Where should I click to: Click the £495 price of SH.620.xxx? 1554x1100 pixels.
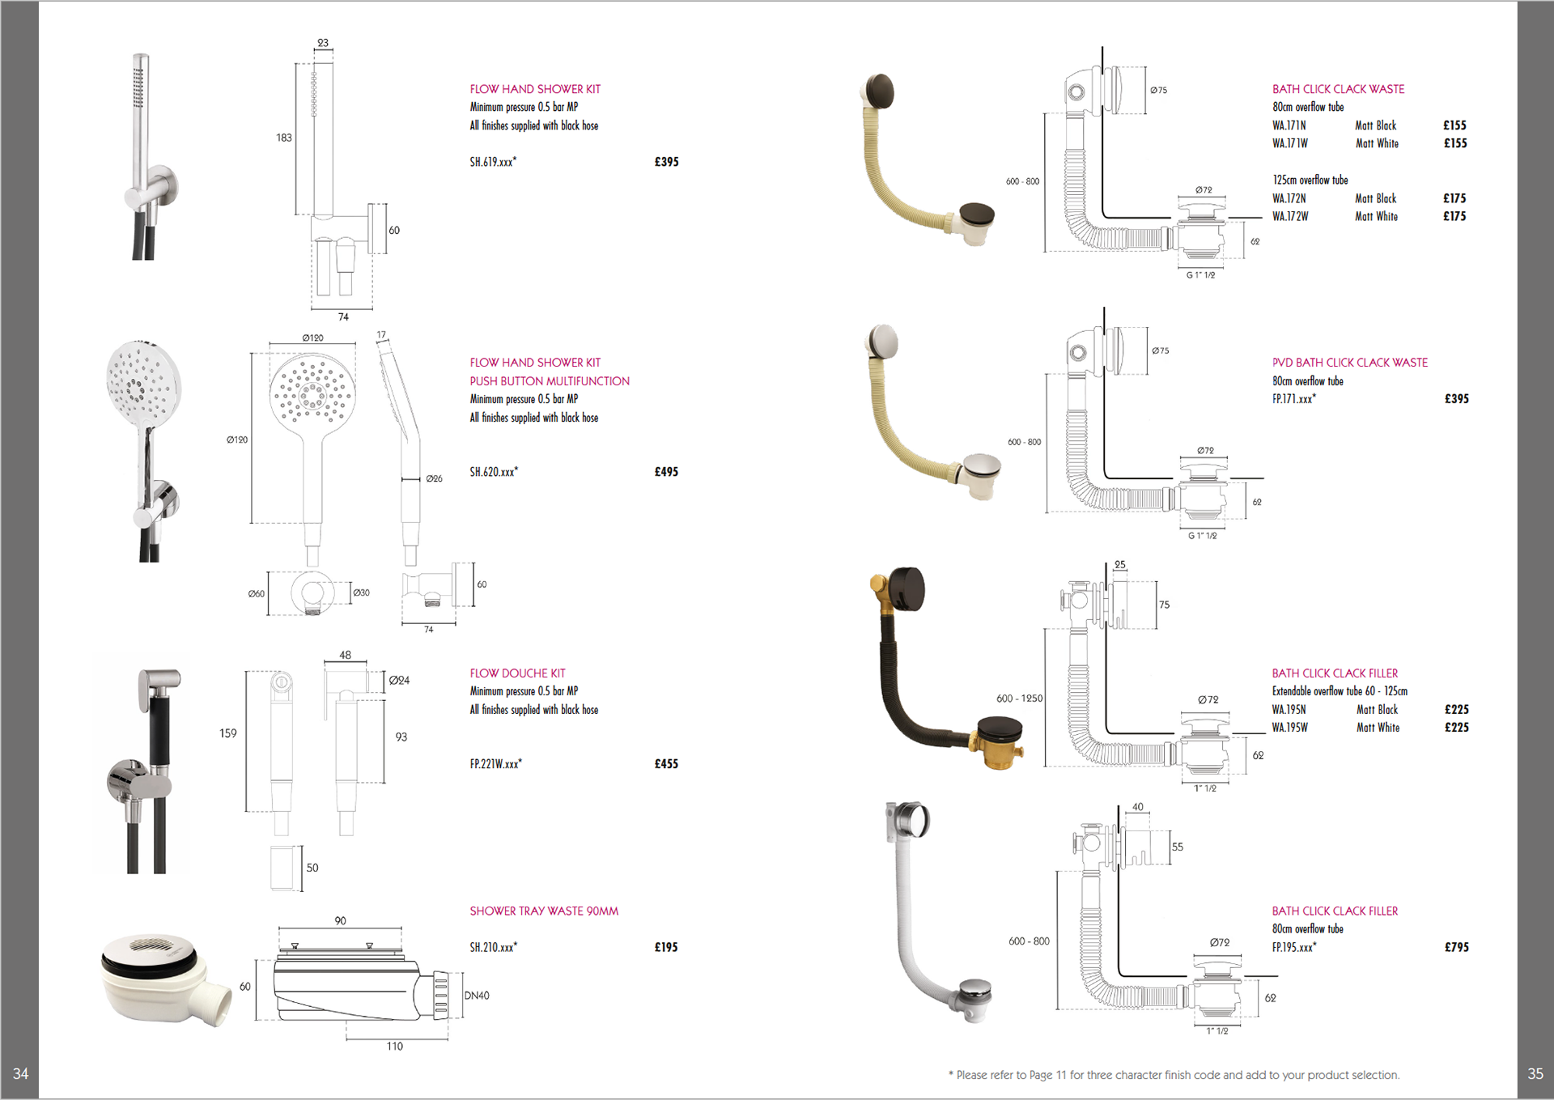pyautogui.click(x=666, y=472)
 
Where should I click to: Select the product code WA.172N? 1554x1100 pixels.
pyautogui.click(x=1289, y=198)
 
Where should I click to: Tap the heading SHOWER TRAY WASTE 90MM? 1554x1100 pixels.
pyautogui.click(x=544, y=911)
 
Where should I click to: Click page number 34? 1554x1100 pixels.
pyautogui.click(x=20, y=1073)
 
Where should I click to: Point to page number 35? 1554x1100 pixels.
pyautogui.click(x=1535, y=1073)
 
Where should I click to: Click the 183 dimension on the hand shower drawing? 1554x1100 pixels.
pyautogui.click(x=283, y=138)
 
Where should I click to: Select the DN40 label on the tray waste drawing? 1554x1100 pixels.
pyautogui.click(x=477, y=996)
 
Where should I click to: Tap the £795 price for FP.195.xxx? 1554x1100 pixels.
pyautogui.click(x=1456, y=947)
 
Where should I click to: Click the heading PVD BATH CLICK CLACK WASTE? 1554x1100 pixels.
pyautogui.click(x=1349, y=363)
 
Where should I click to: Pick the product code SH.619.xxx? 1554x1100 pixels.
pyautogui.click(x=493, y=162)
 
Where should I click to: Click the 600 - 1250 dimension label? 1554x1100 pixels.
pyautogui.click(x=1019, y=699)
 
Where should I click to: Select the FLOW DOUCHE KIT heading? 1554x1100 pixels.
pyautogui.click(x=517, y=673)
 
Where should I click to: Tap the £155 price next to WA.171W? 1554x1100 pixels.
pyautogui.click(x=1454, y=143)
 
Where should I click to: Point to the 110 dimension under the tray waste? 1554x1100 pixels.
pyautogui.click(x=394, y=1047)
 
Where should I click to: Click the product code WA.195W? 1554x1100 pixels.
pyautogui.click(x=1289, y=728)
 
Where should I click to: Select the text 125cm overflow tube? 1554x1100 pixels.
pyautogui.click(x=1310, y=180)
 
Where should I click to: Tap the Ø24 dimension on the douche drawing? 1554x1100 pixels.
pyautogui.click(x=399, y=681)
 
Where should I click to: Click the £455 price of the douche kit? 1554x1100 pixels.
pyautogui.click(x=666, y=764)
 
